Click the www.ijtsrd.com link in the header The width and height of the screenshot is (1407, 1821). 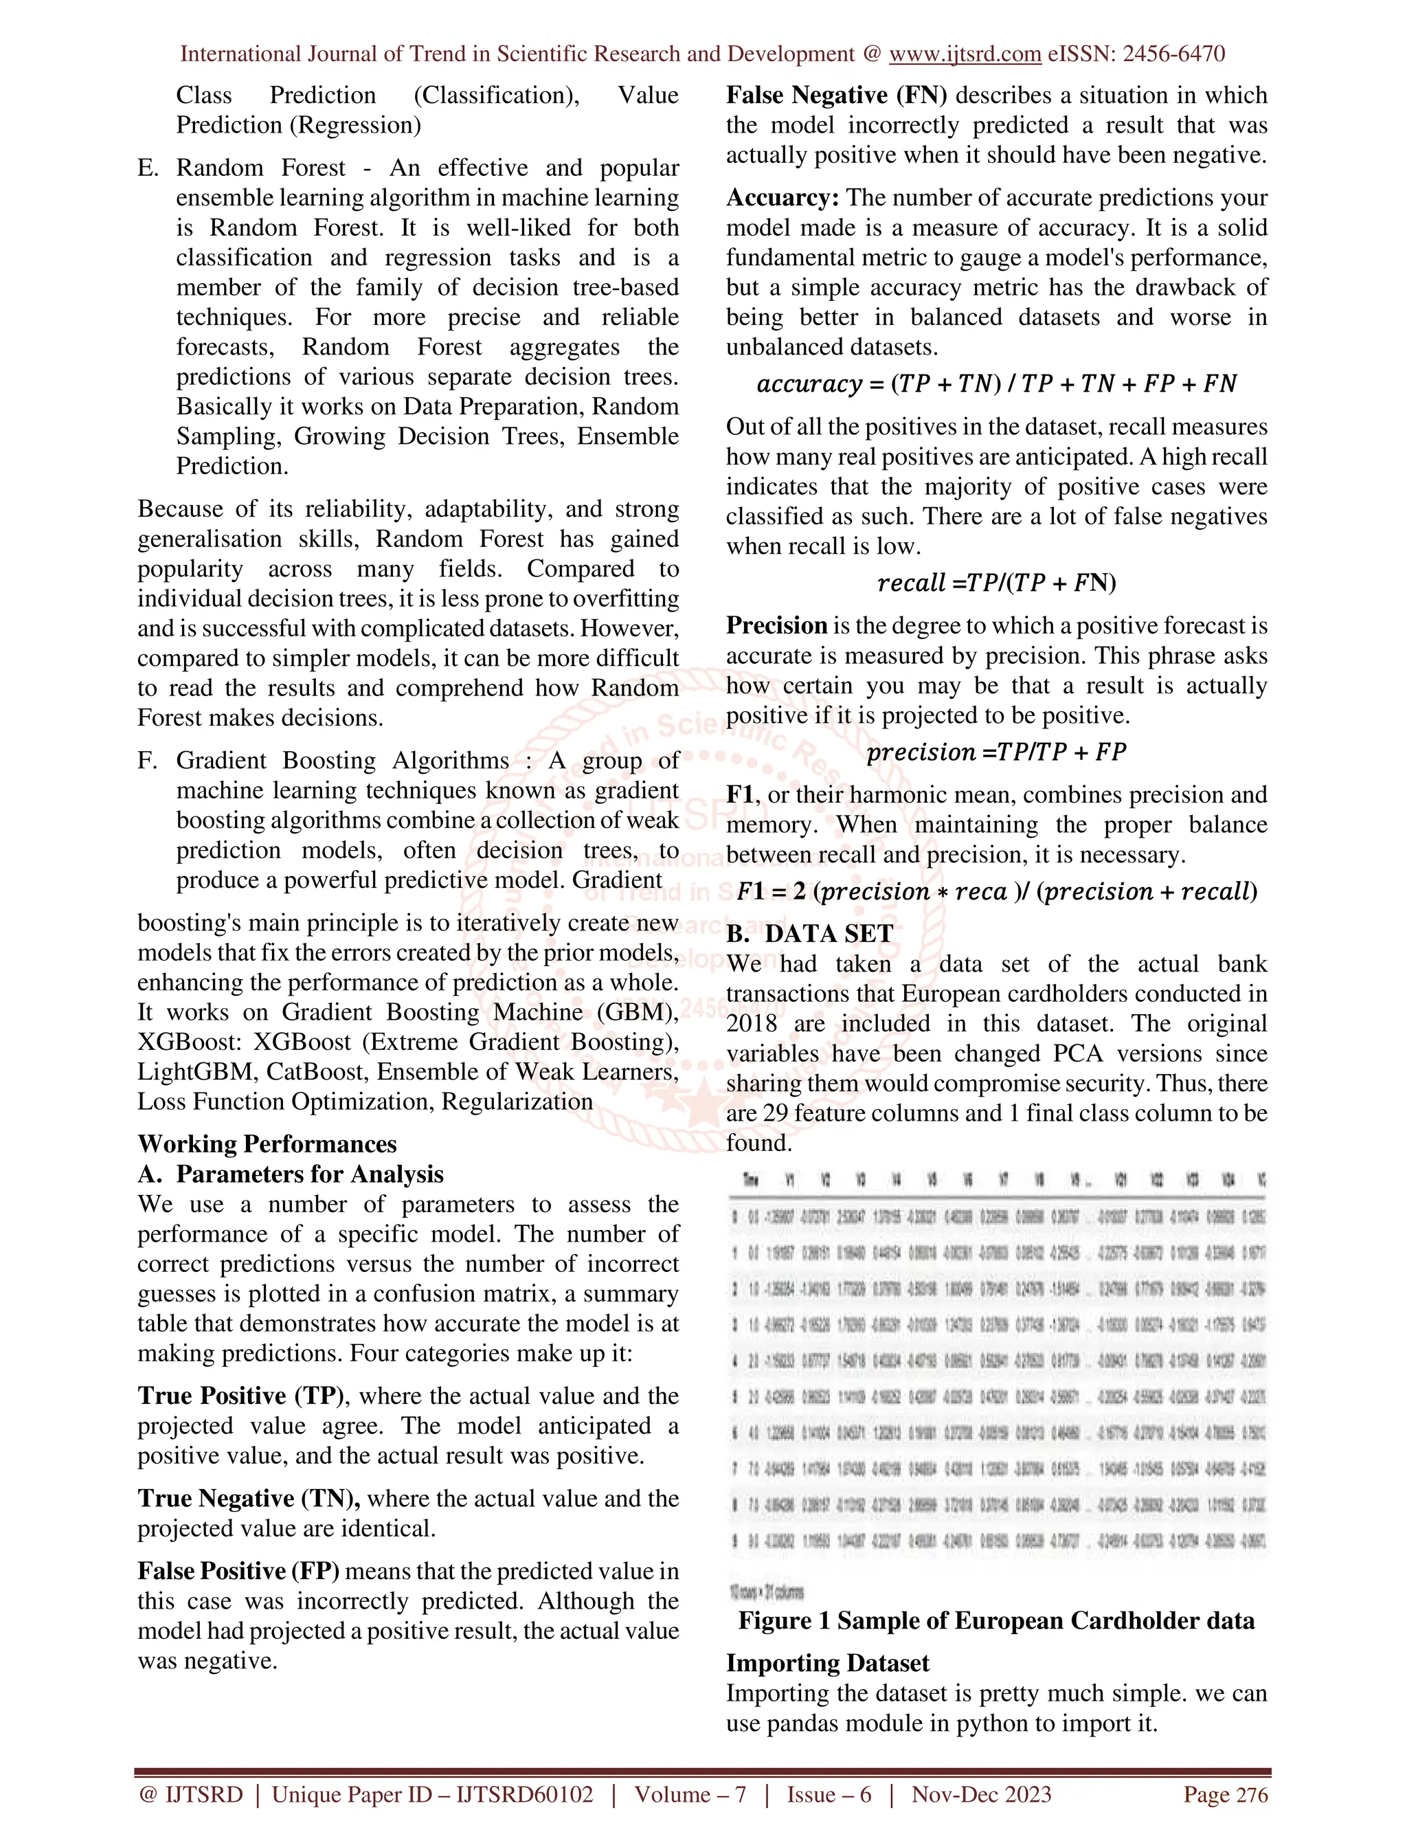coord(965,54)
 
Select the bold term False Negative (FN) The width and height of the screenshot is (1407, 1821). coord(836,95)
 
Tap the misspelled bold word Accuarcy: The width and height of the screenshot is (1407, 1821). coord(782,198)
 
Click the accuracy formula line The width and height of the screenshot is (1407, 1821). coord(996,383)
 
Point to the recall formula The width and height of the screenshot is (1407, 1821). coord(996,582)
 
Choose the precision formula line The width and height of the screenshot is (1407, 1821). coord(996,752)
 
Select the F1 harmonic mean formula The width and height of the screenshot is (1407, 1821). coord(996,891)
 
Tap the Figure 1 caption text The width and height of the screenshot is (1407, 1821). coord(996,1620)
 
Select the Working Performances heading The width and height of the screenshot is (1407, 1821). coord(267,1143)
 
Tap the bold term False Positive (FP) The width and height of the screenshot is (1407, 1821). coord(238,1570)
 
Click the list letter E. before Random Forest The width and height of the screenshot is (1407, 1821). coord(148,168)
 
